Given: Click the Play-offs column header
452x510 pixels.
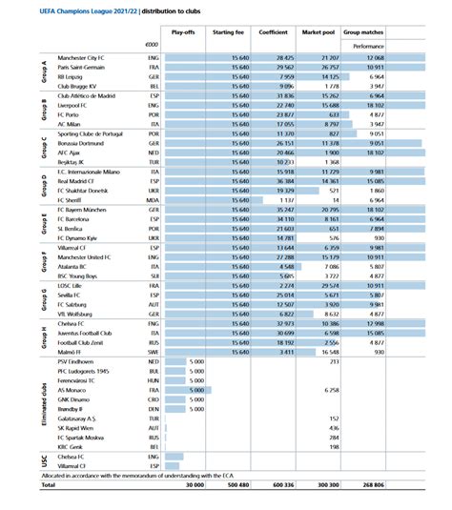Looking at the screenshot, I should (185, 31).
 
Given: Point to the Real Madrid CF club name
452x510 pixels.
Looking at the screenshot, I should (78, 179).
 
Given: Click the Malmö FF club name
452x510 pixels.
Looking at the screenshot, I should (72, 352).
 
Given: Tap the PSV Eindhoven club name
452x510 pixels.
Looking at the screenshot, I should (78, 362).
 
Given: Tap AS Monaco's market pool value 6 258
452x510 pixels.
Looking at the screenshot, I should (332, 391).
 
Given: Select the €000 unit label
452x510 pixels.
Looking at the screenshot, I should (150, 45).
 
